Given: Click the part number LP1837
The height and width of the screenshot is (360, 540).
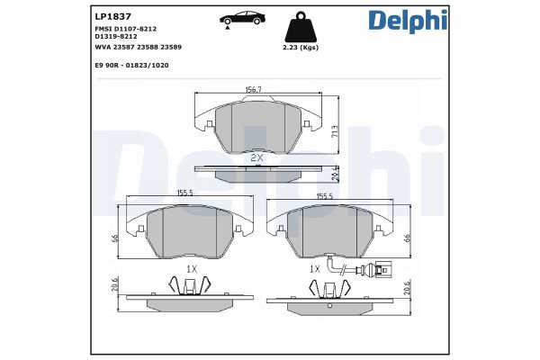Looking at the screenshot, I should pyautogui.click(x=111, y=16).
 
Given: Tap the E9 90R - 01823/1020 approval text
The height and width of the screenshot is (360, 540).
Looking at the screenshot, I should pyautogui.click(x=131, y=66).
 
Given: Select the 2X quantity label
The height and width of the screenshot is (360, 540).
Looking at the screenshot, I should pyautogui.click(x=256, y=157).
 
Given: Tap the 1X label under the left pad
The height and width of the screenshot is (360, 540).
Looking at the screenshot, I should pyautogui.click(x=191, y=268).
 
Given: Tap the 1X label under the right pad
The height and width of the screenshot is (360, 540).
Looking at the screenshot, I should pyautogui.click(x=315, y=268).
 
